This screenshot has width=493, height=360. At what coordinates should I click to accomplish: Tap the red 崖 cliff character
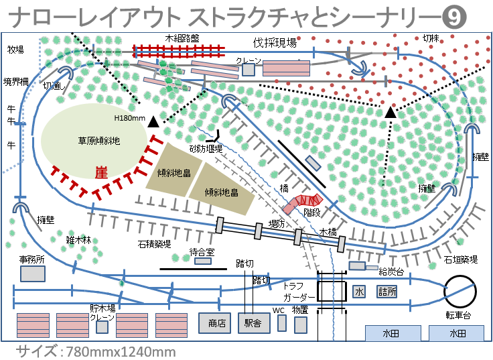pos(101,173)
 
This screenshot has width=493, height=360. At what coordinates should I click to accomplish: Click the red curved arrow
pos(303,200)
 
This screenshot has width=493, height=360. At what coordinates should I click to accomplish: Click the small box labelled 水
pos(359,292)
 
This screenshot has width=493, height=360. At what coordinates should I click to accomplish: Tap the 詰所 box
pos(387,292)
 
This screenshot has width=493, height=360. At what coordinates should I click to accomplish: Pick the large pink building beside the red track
pos(286,68)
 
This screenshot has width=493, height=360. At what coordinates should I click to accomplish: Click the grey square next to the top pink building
pos(249,69)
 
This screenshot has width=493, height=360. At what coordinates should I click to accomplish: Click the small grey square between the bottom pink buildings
pos(102,327)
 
